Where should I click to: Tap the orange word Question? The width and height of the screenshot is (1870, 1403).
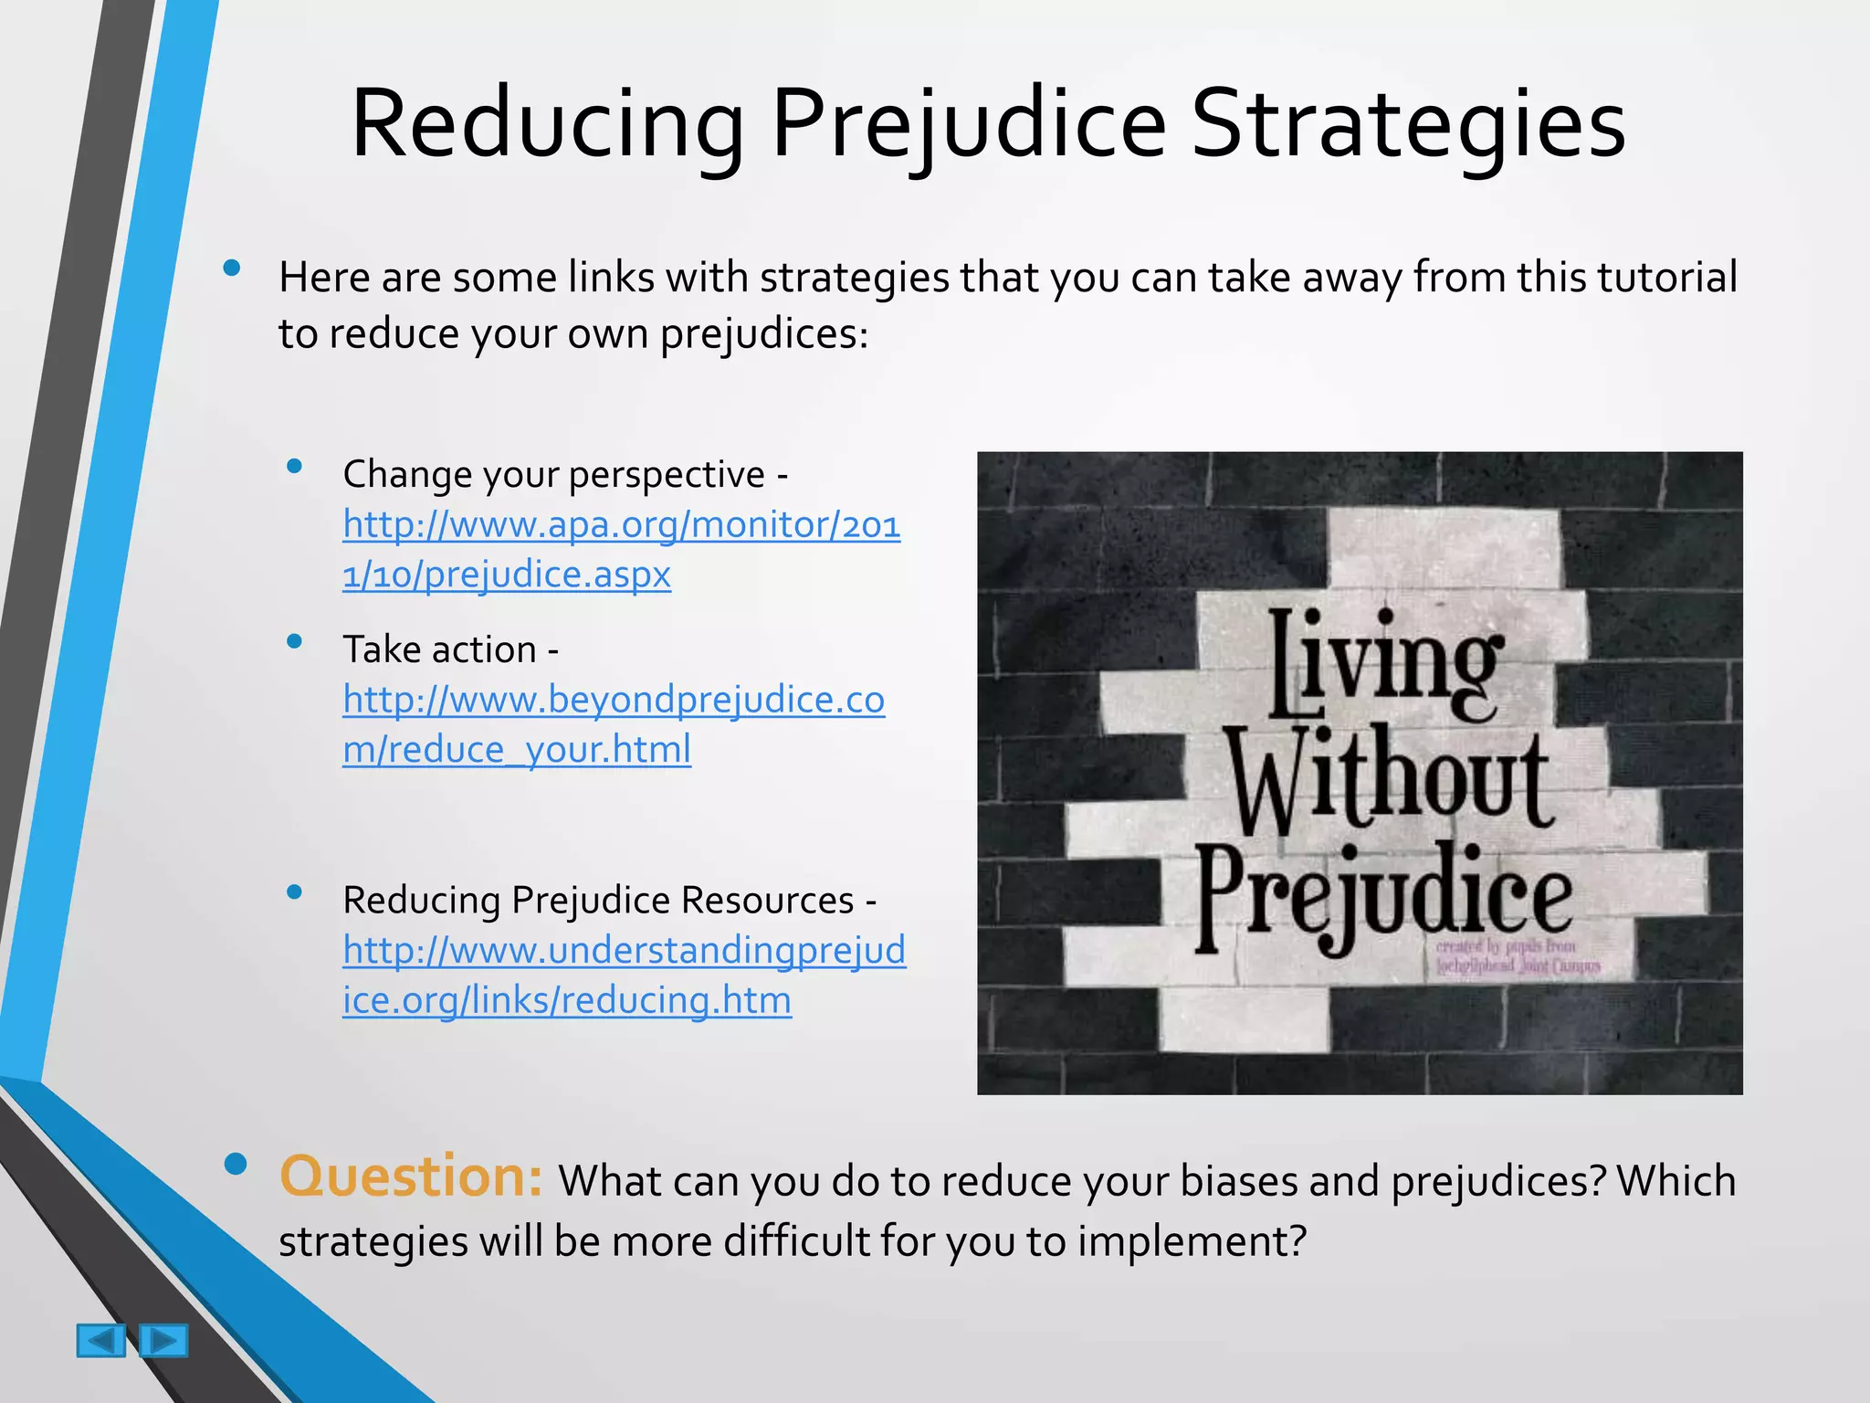[411, 1176]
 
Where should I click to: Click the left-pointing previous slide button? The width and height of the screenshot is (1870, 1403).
[100, 1341]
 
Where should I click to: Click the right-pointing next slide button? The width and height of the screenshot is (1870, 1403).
[164, 1341]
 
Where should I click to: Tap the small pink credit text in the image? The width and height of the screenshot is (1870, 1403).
[1517, 956]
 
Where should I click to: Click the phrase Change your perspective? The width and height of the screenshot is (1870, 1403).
[552, 475]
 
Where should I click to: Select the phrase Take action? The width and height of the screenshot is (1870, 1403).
[439, 650]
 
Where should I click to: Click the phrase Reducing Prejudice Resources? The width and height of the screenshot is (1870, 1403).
[598, 901]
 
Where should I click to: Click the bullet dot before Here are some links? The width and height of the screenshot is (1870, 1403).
[232, 269]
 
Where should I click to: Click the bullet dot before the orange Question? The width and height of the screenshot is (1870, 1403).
[235, 1164]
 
